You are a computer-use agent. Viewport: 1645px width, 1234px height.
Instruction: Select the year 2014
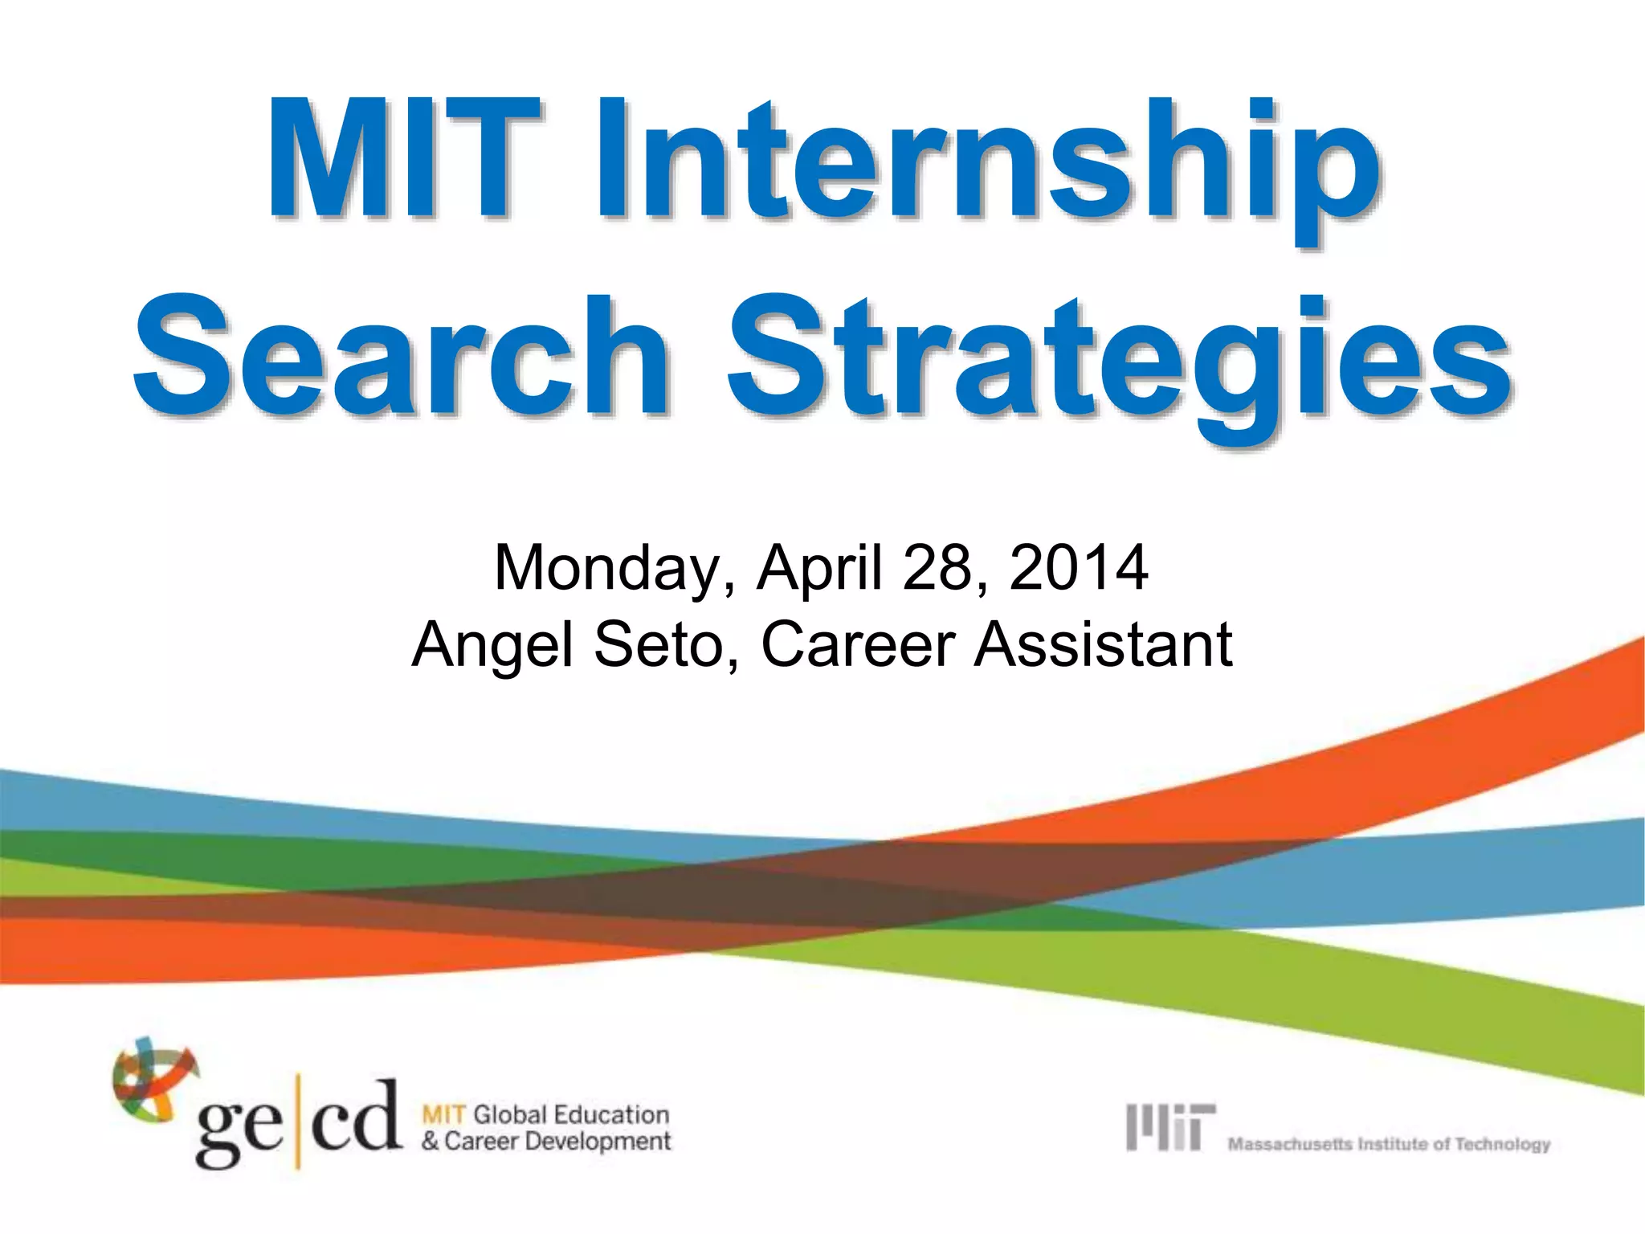[1078, 568]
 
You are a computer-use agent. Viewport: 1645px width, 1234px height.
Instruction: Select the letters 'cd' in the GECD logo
[354, 1117]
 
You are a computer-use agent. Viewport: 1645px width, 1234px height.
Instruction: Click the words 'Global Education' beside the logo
[570, 1114]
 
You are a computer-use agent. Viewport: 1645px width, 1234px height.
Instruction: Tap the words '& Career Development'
[546, 1141]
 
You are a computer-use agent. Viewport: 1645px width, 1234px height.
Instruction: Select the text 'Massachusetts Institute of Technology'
[1388, 1143]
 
